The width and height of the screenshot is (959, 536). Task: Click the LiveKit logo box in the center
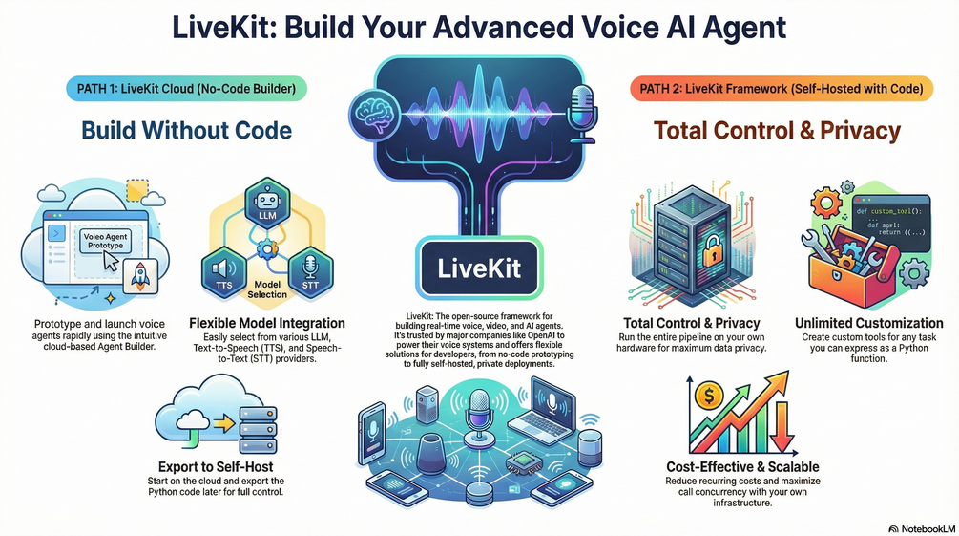tap(479, 268)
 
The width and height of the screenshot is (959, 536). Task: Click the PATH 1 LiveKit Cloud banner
tap(187, 89)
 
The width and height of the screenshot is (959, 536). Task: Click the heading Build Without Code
tap(186, 130)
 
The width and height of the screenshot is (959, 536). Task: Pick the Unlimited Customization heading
tap(868, 324)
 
